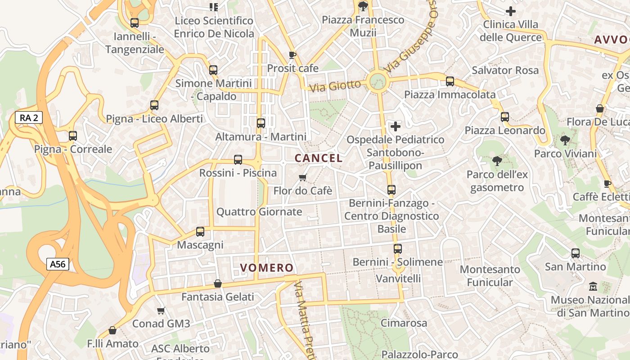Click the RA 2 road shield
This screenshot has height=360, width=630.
tap(29, 118)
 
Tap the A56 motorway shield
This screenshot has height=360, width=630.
tap(58, 264)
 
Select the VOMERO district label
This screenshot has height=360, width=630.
tap(267, 268)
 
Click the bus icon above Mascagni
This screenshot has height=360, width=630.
tap(200, 232)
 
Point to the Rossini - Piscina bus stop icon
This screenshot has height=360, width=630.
tap(238, 160)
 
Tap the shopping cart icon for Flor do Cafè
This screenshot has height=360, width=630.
tap(303, 178)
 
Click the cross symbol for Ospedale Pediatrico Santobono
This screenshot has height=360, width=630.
tap(396, 126)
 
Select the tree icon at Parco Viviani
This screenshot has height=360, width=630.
tap(565, 140)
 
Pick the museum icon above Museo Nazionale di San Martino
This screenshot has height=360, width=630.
tap(593, 286)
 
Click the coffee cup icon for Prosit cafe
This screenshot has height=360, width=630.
tap(292, 55)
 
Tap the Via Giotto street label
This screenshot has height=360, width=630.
tap(335, 85)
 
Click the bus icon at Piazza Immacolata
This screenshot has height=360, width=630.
tap(450, 81)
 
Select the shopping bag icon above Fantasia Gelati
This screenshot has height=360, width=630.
tap(218, 283)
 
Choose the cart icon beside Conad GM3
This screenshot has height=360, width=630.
tap(161, 310)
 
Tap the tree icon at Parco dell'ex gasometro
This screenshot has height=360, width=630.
tap(497, 161)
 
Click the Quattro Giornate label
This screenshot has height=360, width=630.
tap(259, 211)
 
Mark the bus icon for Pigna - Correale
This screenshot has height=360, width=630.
tap(73, 135)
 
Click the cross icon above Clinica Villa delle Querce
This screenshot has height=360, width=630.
tap(511, 11)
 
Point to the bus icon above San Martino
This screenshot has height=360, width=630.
tap(576, 253)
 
